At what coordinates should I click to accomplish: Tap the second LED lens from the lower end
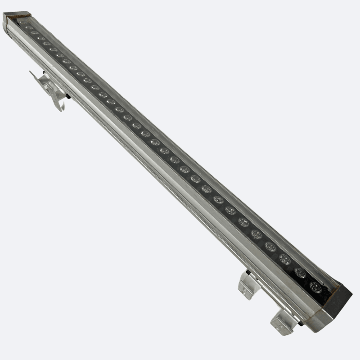(300, 273)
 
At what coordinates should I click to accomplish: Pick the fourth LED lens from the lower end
(270, 247)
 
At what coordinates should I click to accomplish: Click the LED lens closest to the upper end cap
(23, 22)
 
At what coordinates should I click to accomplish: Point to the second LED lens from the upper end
(29, 27)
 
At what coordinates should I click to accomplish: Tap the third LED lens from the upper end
(35, 32)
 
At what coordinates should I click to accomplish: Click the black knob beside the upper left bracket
(68, 97)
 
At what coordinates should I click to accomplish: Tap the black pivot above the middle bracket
(248, 272)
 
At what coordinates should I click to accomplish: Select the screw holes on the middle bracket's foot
(245, 292)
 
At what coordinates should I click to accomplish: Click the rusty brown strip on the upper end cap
(20, 15)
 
